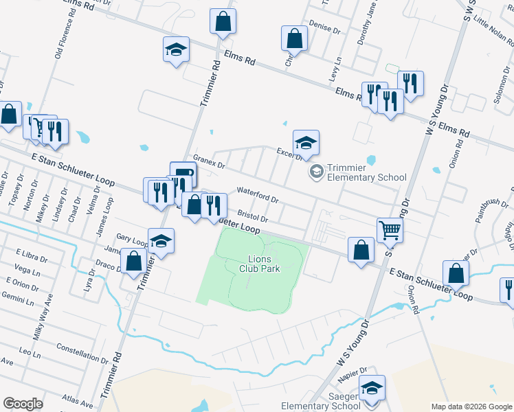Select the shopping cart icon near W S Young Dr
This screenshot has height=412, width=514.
coord(390,230)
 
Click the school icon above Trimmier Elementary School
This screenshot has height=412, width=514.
coord(306,142)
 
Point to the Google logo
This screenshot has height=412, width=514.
coord(23,403)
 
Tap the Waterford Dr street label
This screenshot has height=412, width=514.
coord(257,195)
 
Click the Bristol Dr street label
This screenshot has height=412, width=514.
coord(253,215)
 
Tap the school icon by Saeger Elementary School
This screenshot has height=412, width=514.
coord(372,388)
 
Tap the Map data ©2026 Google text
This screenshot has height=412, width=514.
coord(471,407)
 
